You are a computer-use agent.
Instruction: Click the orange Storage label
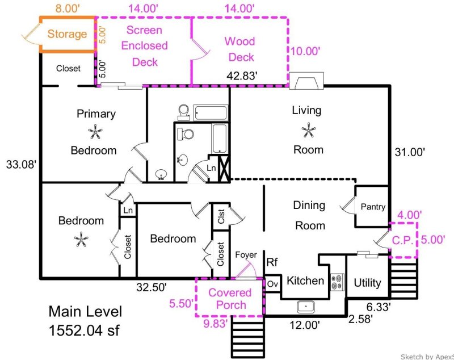tap(67, 34)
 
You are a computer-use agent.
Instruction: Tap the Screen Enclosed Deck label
tap(144, 46)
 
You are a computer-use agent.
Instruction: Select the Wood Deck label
tap(239, 49)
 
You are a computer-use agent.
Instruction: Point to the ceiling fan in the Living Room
tap(308, 131)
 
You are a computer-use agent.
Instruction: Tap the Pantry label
tap(373, 207)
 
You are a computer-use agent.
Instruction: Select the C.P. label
tap(403, 240)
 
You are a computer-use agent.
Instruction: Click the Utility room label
tap(367, 282)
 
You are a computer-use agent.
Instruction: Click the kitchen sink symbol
tap(306, 307)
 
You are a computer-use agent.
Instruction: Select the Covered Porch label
tap(230, 299)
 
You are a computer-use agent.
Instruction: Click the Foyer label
tap(246, 256)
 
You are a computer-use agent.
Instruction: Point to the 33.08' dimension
tap(21, 165)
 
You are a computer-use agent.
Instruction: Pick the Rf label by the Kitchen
tap(272, 262)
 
